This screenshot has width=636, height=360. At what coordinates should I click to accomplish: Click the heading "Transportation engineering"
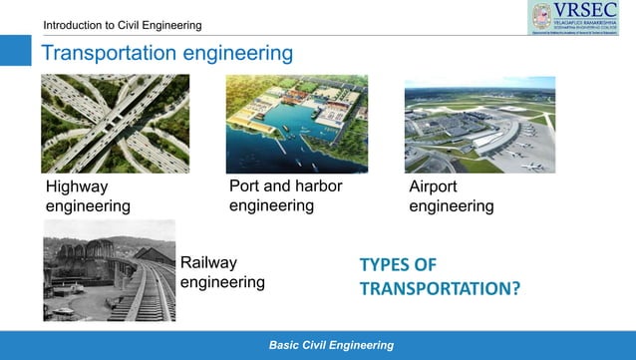click(166, 52)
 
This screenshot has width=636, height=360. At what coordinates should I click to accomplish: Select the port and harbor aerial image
click(296, 124)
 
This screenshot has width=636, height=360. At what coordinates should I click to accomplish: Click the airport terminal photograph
click(479, 125)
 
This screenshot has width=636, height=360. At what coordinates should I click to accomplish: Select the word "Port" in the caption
click(246, 186)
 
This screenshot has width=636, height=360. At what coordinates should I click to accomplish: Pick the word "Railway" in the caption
click(209, 262)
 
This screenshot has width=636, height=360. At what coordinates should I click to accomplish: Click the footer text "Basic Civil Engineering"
click(331, 345)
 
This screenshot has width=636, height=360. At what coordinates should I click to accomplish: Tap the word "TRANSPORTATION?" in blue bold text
click(440, 289)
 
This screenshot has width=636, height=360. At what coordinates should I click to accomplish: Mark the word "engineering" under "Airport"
click(452, 206)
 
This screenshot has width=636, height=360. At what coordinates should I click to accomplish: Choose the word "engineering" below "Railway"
click(222, 282)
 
